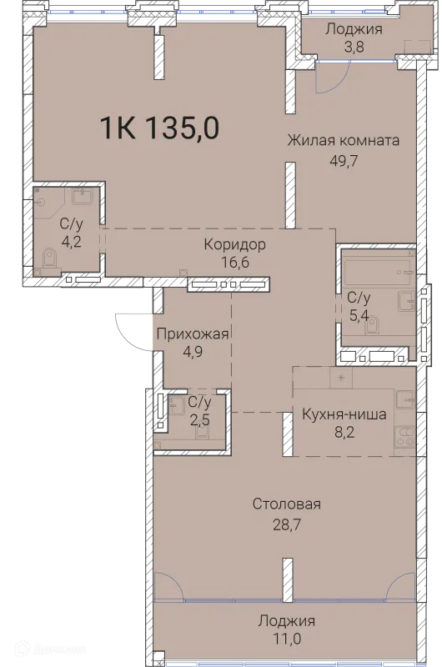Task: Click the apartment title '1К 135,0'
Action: (159, 129)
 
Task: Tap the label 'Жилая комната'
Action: (343, 140)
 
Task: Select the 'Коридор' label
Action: (235, 244)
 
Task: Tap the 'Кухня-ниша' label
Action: (344, 414)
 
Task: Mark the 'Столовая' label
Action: (287, 504)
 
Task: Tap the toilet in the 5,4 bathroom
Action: (372, 322)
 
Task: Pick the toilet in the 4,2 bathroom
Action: (45, 262)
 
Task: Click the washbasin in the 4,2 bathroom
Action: (83, 198)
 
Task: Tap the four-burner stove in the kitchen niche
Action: (405, 436)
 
